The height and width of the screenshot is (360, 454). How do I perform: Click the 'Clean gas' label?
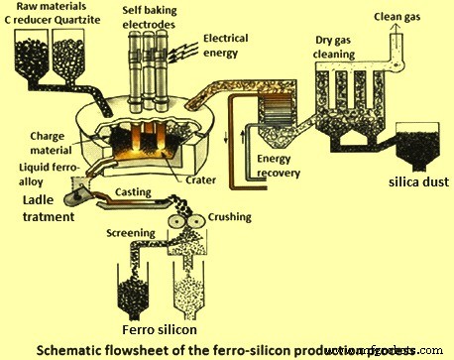[401, 17]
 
